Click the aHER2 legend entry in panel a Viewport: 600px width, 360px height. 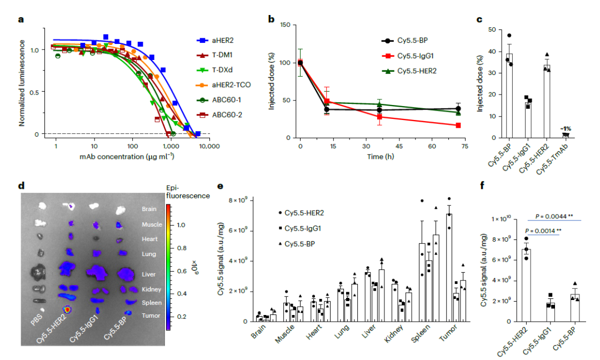(x=215, y=40)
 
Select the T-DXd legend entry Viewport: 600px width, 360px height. (x=214, y=70)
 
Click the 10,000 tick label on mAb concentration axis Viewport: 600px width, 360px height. (x=209, y=146)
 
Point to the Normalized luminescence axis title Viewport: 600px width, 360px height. (x=22, y=83)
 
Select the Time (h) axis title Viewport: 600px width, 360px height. (x=381, y=157)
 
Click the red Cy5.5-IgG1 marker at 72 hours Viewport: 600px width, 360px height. (x=458, y=126)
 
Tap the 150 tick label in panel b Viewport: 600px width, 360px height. (x=286, y=25)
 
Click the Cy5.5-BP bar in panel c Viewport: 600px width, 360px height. (x=509, y=96)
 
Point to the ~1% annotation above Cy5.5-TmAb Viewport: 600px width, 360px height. (x=566, y=129)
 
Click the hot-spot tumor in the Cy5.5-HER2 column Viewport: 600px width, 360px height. (x=67, y=309)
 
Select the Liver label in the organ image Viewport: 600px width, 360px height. (x=148, y=274)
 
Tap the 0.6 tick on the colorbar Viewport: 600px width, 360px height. (x=182, y=271)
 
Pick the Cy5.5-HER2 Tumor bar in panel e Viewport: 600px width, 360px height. (x=449, y=267)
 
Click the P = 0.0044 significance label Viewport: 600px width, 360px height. (x=554, y=217)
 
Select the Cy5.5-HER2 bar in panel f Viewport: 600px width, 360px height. (x=526, y=285)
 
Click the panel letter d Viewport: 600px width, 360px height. (x=22, y=186)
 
